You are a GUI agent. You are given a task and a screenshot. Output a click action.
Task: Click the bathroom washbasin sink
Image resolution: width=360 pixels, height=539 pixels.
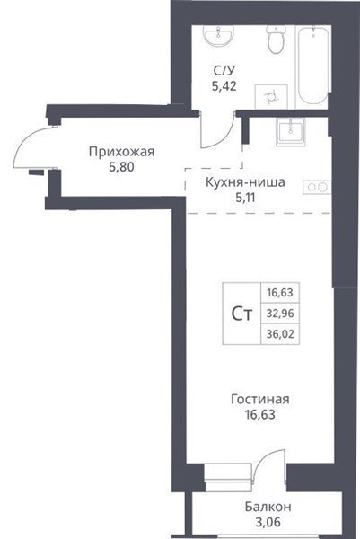(x=219, y=36)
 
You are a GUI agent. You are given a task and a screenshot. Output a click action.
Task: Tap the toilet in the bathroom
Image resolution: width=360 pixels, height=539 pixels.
(x=276, y=39)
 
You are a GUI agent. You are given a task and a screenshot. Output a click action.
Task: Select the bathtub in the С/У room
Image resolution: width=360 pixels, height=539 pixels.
(x=312, y=65)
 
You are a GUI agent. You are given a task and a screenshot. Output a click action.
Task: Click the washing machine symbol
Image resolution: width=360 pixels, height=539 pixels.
(x=271, y=97)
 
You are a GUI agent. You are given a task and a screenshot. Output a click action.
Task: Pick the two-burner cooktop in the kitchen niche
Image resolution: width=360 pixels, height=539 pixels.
(x=317, y=187)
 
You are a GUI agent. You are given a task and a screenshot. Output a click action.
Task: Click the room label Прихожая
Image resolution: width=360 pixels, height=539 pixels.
(x=121, y=152)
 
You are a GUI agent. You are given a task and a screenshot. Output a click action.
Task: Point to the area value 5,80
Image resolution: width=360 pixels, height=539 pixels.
(x=121, y=167)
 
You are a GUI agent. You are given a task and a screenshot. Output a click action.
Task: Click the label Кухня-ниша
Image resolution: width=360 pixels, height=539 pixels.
(x=245, y=182)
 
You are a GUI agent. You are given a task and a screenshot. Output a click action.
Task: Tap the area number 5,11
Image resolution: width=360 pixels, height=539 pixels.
(x=245, y=198)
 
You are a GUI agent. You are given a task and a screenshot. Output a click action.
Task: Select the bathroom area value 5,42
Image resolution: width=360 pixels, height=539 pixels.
(x=224, y=86)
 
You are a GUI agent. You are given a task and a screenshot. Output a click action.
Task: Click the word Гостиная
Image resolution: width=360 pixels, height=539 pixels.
(x=260, y=400)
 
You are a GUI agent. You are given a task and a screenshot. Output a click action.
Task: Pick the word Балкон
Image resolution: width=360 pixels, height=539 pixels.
(x=268, y=507)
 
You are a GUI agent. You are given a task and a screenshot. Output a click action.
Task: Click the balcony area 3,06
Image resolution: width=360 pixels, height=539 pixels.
(x=268, y=522)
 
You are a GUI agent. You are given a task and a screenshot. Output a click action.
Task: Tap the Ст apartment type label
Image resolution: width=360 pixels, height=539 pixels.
(x=241, y=314)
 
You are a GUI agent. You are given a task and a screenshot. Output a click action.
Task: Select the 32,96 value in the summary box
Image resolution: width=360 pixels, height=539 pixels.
(x=280, y=314)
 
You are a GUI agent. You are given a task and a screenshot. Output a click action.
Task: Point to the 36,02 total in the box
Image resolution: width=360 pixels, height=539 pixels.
(x=280, y=334)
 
